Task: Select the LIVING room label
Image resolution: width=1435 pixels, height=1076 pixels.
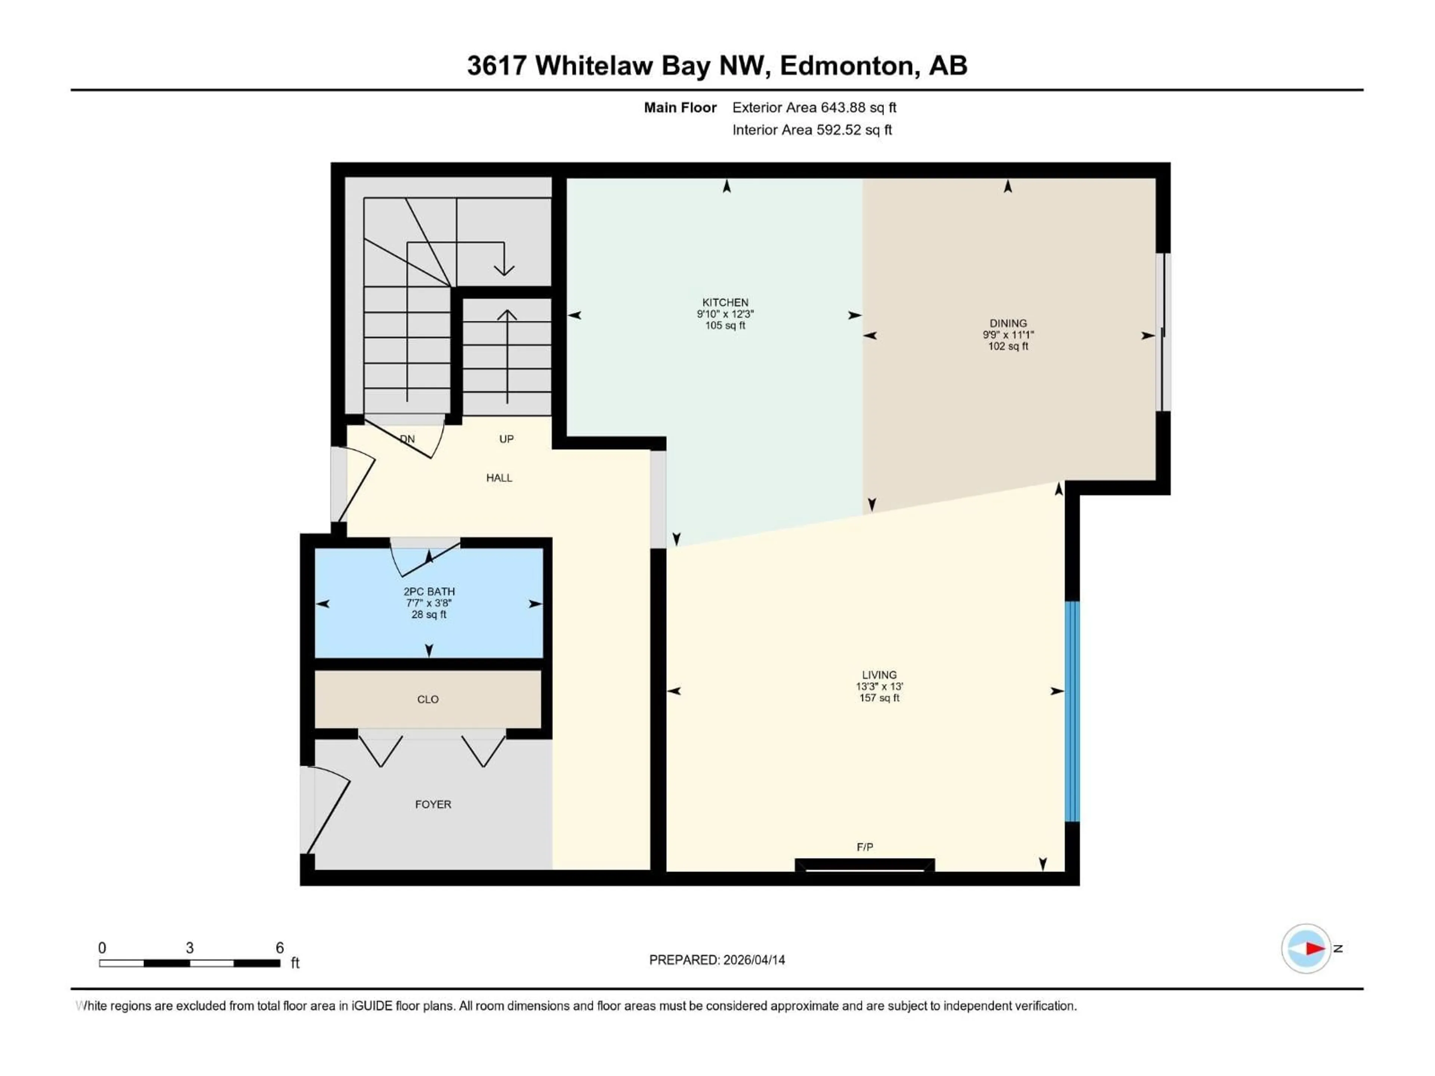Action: (x=879, y=674)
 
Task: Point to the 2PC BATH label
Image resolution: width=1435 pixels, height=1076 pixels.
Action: (x=429, y=591)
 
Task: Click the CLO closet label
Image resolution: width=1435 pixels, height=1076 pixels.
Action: (x=428, y=699)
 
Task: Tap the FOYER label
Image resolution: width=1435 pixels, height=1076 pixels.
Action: (x=433, y=804)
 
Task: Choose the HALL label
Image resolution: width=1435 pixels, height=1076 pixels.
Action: (x=499, y=478)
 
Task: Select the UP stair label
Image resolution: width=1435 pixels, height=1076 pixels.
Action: (x=506, y=439)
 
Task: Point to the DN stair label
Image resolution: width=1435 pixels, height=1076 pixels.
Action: (x=407, y=439)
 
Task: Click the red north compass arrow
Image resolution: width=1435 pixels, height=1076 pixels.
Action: (x=1314, y=948)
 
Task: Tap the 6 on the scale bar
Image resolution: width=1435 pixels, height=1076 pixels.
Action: (x=280, y=947)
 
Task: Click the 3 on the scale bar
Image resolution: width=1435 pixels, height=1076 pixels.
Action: (x=189, y=947)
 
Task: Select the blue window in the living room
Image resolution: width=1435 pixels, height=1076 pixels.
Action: (x=1073, y=711)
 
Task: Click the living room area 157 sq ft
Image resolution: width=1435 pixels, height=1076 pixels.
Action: (x=879, y=698)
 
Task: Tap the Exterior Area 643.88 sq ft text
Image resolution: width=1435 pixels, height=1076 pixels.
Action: (x=814, y=108)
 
